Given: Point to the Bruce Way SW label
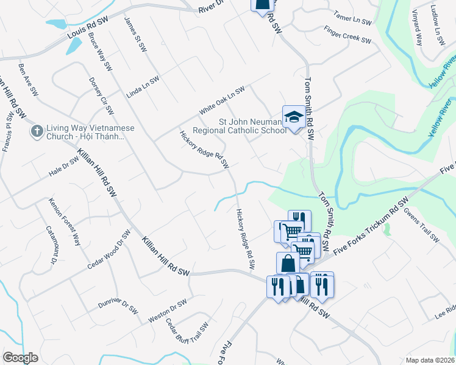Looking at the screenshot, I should click(100, 51).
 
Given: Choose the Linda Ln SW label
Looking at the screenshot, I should click(143, 88).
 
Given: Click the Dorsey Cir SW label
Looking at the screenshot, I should click(101, 96).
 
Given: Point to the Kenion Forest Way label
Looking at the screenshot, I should click(65, 221).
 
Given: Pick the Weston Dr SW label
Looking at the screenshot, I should click(167, 311).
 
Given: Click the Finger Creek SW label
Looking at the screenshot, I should click(347, 35).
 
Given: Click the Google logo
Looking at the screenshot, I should click(20, 358).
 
